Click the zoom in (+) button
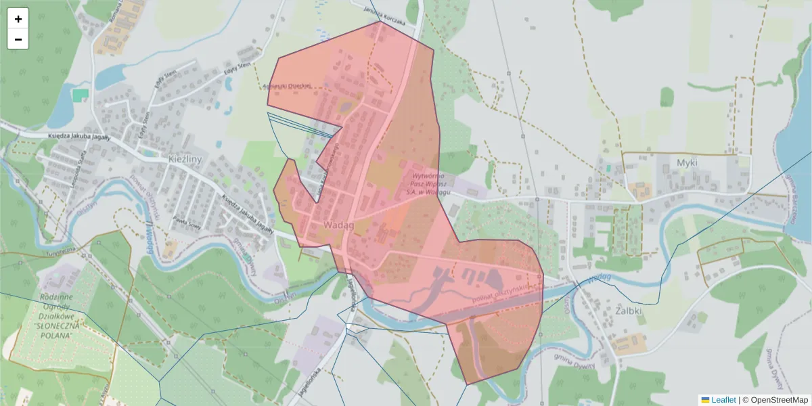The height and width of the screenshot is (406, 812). point(18,19)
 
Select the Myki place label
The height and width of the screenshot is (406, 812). point(686,163)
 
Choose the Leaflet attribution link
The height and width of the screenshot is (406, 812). point(723,400)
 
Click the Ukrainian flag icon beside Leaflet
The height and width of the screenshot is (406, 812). point(705,400)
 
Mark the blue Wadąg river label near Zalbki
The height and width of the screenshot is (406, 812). point(599,278)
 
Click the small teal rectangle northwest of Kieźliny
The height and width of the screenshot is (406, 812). point(81,95)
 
